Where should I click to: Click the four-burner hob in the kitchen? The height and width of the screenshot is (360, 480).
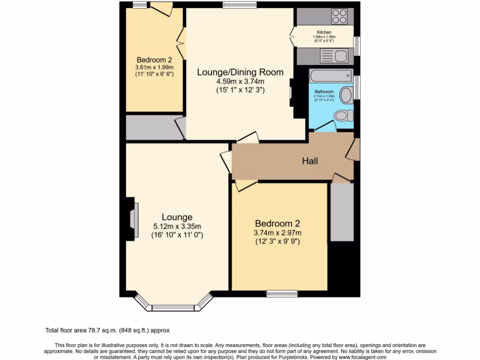click(340, 17)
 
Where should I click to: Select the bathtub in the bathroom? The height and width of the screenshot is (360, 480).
click(330, 75)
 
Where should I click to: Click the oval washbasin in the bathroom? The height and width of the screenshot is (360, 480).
click(346, 95)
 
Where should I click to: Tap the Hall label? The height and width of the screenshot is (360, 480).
click(310, 161)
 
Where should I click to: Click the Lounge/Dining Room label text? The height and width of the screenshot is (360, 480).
click(240, 72)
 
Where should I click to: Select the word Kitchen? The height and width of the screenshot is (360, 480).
click(324, 32)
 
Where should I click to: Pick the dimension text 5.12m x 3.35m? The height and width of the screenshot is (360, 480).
click(177, 226)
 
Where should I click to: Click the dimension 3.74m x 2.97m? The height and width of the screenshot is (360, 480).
click(277, 233)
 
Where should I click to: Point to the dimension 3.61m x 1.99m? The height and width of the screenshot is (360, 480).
click(154, 67)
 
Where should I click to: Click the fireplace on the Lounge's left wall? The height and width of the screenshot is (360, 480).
click(133, 219)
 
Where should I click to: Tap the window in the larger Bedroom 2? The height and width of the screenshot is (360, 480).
click(282, 293)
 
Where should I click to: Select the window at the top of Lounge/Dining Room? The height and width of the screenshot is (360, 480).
click(240, 5)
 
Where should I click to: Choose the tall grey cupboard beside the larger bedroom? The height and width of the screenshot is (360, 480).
click(341, 212)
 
